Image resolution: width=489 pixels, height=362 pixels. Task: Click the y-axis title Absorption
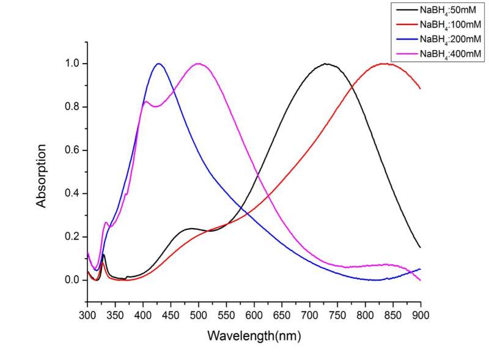tap(42, 175)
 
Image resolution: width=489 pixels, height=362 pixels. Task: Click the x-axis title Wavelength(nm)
tap(254, 336)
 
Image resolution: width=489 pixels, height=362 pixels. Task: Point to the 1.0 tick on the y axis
tap(72, 64)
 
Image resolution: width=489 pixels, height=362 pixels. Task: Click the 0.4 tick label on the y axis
tap(72, 193)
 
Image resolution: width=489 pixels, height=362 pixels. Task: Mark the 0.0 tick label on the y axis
tap(72, 280)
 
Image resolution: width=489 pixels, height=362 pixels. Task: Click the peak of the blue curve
tap(159, 64)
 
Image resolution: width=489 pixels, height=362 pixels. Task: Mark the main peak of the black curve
tap(326, 64)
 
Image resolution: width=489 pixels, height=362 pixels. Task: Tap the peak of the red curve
tap(384, 64)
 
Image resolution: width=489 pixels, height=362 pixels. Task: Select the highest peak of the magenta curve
tap(199, 64)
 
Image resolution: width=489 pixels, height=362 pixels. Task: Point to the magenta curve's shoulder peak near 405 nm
tap(146, 102)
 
